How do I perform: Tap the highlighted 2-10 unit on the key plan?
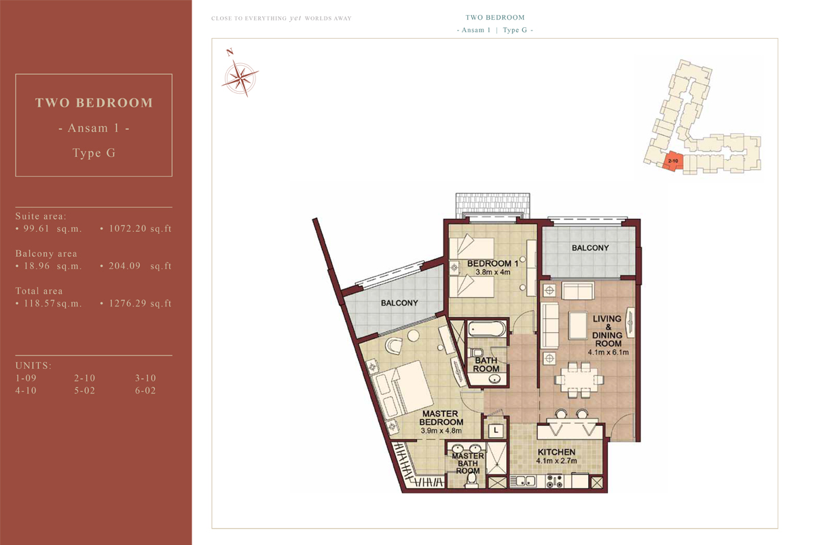coord(672,161)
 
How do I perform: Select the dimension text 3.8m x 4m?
coord(493,272)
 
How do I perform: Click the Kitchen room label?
coord(556,452)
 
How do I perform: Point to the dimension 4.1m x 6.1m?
coord(609,352)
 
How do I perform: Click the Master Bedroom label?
coord(441,418)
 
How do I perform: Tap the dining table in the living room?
coord(579,380)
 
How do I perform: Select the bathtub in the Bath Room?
coord(487,329)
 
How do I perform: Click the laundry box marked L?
coord(496,431)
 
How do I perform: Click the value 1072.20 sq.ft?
coord(140,228)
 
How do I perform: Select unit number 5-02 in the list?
coord(84,391)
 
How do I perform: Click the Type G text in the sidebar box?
coord(94,153)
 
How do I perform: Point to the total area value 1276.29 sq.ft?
coord(140,304)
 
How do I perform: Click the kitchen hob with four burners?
coord(554,481)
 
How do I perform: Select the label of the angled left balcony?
coord(399,303)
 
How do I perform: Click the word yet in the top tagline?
coord(295,18)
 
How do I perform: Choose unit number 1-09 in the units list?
coord(26,379)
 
